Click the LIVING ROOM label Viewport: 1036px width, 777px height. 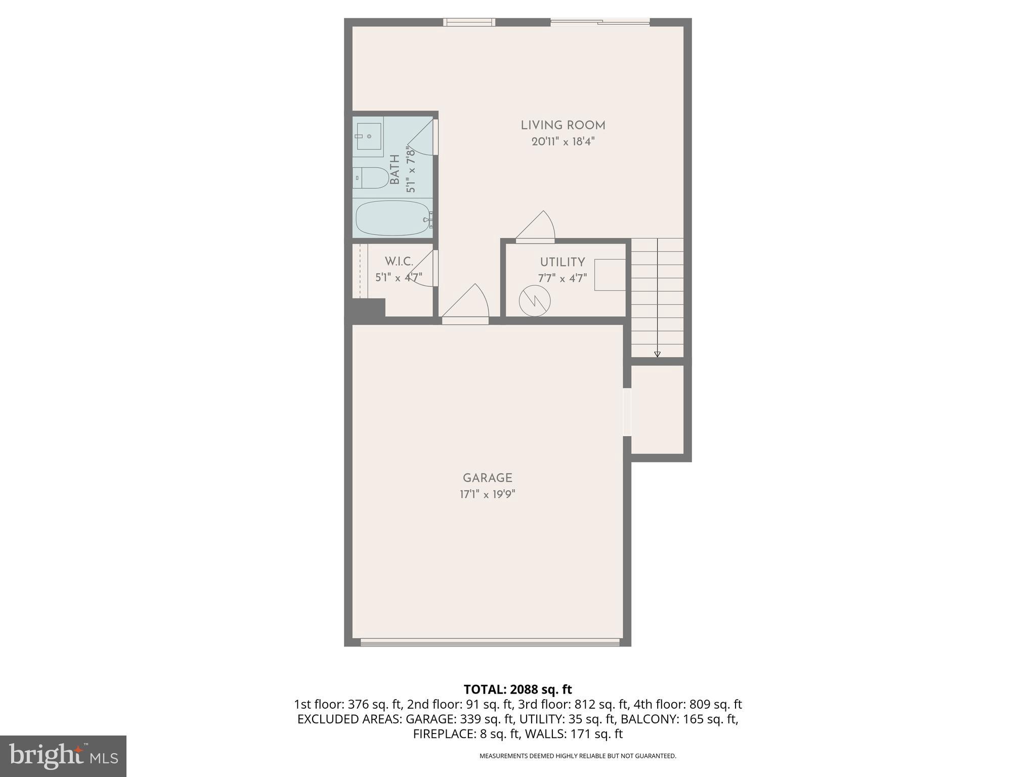(563, 125)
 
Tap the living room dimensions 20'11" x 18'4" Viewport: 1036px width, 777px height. (563, 142)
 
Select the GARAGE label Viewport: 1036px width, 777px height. (487, 478)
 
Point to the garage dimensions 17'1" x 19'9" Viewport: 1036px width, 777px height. (487, 494)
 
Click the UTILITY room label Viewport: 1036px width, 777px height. (562, 262)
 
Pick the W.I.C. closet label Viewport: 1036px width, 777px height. (399, 262)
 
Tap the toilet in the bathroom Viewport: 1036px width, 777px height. (372, 178)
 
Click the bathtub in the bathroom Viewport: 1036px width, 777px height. (393, 218)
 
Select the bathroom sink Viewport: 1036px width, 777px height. (369, 136)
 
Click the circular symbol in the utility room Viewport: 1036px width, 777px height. (535, 301)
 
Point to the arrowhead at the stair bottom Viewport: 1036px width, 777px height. (657, 354)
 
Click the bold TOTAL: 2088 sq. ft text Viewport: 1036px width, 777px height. (517, 689)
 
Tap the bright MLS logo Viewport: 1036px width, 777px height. (63, 756)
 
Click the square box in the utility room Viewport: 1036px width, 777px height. (610, 275)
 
